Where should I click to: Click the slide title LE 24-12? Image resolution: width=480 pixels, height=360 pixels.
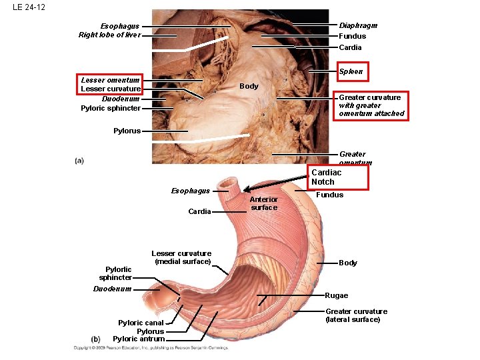click(x=29, y=8)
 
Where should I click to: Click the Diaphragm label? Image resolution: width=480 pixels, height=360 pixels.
click(x=358, y=25)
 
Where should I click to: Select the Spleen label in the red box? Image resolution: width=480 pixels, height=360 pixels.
click(x=351, y=71)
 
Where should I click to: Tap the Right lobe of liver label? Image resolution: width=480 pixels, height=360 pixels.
click(x=110, y=35)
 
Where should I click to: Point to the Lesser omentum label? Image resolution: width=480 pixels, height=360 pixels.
click(x=111, y=80)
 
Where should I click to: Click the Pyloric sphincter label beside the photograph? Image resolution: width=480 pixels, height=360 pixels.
click(x=111, y=108)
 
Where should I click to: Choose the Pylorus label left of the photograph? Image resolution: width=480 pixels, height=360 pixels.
click(x=127, y=131)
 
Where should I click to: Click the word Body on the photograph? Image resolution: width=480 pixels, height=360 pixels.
click(x=249, y=86)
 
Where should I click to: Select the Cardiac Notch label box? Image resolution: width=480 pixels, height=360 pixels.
click(x=338, y=177)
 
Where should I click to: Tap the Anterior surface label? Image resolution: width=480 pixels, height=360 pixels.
click(x=264, y=203)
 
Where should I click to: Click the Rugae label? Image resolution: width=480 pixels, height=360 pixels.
click(x=336, y=295)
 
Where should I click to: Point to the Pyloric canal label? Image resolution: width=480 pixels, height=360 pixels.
click(x=141, y=323)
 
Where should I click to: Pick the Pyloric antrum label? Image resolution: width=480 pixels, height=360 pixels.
click(x=138, y=339)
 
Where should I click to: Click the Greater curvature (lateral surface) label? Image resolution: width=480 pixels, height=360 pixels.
click(x=356, y=315)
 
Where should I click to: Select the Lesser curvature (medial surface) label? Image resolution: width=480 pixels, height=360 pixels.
click(x=181, y=257)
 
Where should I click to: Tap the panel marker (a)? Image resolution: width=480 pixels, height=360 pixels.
click(x=79, y=160)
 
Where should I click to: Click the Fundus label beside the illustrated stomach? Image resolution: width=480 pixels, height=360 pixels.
click(x=329, y=195)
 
